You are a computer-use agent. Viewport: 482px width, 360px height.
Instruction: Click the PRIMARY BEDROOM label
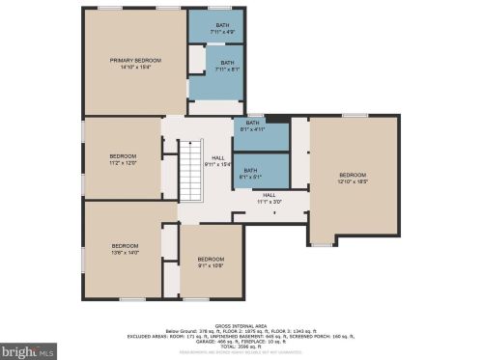click(x=134, y=60)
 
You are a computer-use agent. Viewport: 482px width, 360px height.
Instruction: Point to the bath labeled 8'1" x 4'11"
click(x=251, y=125)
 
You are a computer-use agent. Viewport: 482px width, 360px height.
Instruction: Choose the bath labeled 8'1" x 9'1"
click(x=251, y=173)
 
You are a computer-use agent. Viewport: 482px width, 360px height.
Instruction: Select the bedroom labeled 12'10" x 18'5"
click(x=353, y=178)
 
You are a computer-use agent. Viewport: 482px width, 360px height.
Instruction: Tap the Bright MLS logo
click(x=30, y=351)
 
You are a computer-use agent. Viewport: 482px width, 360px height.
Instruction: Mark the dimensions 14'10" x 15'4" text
click(x=134, y=67)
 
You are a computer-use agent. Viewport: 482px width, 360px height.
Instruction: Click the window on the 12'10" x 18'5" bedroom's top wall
click(x=354, y=115)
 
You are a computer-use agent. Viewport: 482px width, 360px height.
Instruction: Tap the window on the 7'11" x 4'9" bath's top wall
click(x=223, y=8)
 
